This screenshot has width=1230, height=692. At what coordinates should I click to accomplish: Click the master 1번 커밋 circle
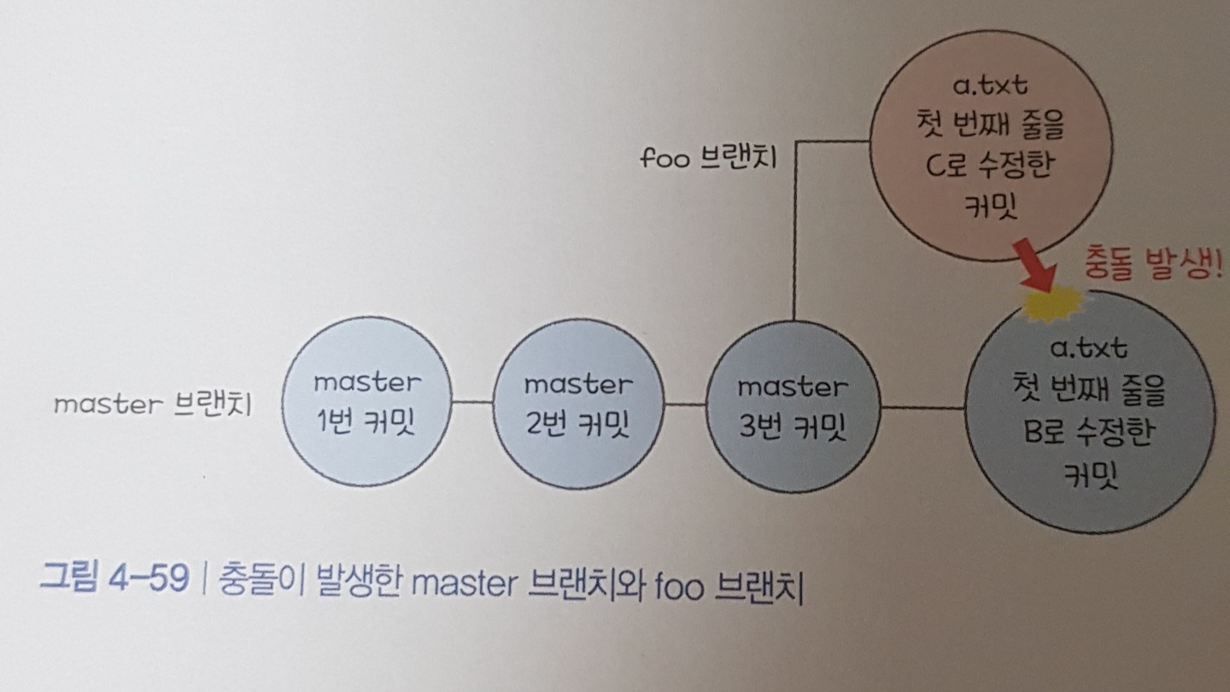coord(366,402)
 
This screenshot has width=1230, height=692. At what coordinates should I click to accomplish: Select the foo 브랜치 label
coord(708,159)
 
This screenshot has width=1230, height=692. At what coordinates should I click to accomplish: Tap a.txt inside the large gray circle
coord(1089,349)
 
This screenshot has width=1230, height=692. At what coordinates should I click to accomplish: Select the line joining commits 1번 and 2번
coord(472,402)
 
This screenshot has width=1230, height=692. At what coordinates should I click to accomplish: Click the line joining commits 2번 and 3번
coord(685,404)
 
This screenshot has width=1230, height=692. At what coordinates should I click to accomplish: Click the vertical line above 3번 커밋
coord(794,231)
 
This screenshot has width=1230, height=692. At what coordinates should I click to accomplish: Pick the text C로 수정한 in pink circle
coord(981,165)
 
